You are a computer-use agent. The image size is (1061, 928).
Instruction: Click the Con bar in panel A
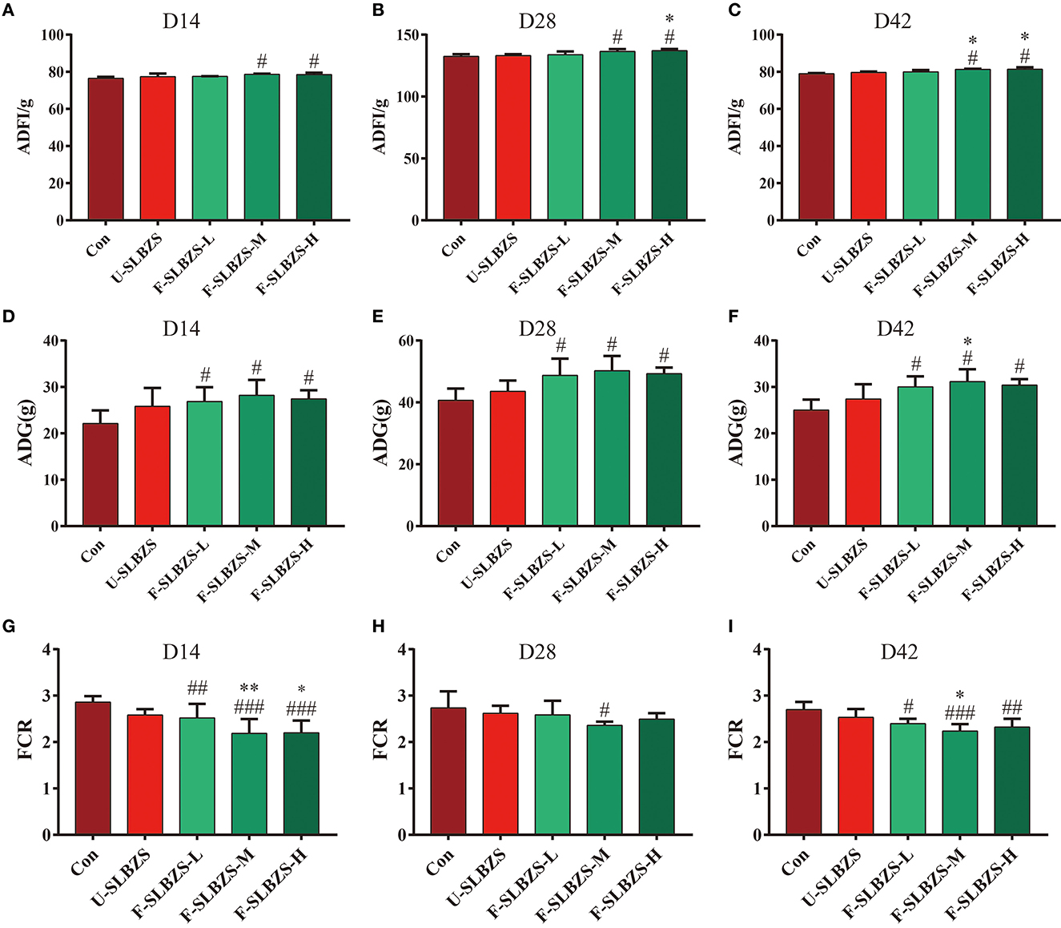pos(106,149)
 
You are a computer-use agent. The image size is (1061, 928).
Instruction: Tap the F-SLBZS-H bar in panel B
pos(669,135)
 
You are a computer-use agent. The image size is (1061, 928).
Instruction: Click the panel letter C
pos(735,11)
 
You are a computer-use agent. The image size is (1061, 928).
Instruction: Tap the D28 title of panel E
pos(537,329)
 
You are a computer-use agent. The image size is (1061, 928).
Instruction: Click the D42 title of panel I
pos(898,652)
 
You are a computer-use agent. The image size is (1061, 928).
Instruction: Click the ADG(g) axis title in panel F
pos(736,433)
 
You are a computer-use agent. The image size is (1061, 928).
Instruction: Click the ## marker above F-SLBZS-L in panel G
pos(197,688)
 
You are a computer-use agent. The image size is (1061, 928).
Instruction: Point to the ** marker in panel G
pos(249,688)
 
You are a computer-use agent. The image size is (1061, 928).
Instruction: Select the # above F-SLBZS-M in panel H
pos(605,710)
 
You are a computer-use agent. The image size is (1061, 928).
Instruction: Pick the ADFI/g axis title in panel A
pos(25,127)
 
